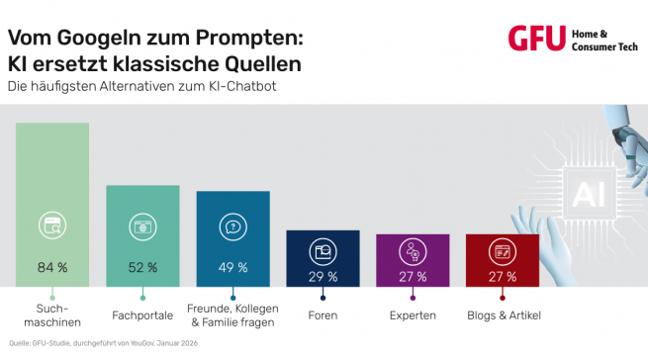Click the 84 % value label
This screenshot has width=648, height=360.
(x=52, y=267)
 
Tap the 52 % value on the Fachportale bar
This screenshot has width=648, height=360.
(x=142, y=267)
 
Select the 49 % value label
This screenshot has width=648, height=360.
(x=232, y=267)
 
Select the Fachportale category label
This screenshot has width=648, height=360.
(x=142, y=315)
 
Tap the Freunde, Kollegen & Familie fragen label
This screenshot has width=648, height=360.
(x=232, y=315)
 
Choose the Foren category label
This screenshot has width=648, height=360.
(x=323, y=315)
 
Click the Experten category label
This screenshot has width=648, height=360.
(x=413, y=315)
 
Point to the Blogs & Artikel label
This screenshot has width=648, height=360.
(x=502, y=315)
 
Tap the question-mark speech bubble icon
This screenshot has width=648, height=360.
(x=232, y=226)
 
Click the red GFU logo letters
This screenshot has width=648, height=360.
(x=536, y=39)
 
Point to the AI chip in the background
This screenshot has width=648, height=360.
(x=581, y=188)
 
